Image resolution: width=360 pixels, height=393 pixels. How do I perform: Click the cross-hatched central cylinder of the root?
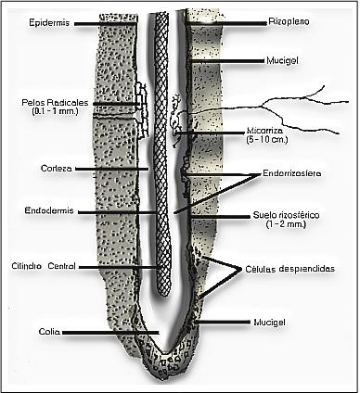163,148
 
